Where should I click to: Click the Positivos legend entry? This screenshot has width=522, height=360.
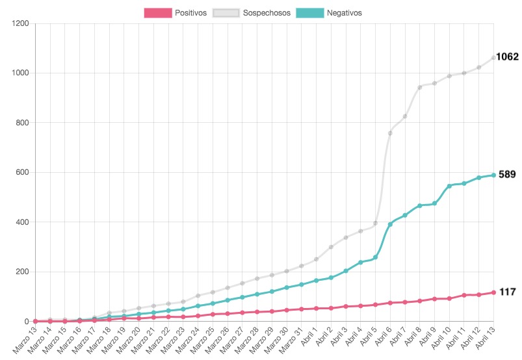point(176,12)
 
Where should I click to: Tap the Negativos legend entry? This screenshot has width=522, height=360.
point(329,12)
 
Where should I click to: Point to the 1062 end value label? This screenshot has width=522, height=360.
point(507,57)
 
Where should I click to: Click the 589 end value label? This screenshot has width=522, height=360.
point(507,175)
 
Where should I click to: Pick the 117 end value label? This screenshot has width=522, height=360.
point(507,292)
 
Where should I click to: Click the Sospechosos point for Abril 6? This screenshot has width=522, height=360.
point(390,133)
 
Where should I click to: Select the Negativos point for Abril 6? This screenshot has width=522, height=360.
point(390,224)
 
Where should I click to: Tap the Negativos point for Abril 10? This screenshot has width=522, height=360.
point(449,186)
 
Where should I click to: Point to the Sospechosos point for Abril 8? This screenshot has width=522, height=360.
point(419,87)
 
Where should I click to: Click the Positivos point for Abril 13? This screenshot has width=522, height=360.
point(493,292)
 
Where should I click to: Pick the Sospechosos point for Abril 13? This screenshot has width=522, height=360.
point(493,58)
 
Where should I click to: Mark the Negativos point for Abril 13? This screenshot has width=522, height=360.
point(493,175)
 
